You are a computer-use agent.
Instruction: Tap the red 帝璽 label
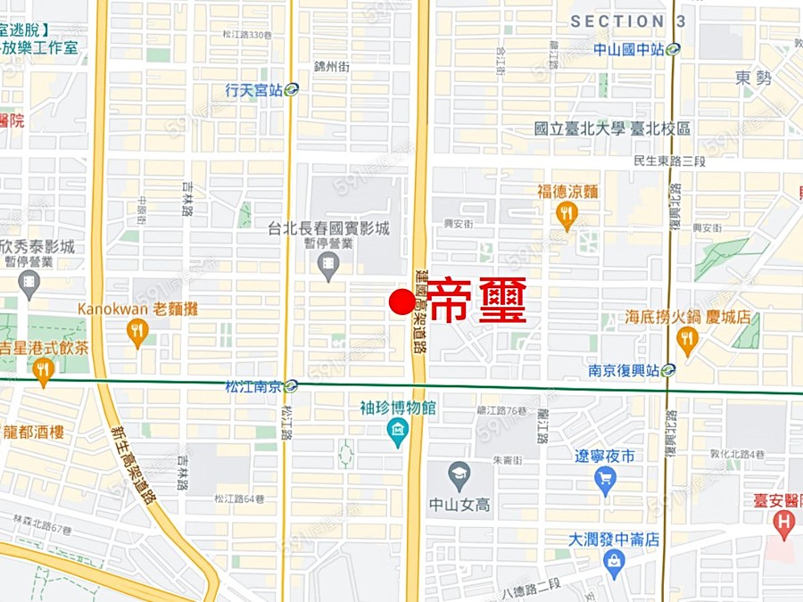coord(477,301)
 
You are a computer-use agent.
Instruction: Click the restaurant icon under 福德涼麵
coord(567,214)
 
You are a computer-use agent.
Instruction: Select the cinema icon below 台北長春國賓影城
coord(329,264)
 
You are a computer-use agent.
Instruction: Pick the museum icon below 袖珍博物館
coord(398,433)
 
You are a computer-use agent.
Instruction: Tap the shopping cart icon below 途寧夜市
coord(605,481)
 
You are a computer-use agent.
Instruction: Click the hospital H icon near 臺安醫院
coord(784,522)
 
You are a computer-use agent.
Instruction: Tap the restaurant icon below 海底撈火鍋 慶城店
coord(686,339)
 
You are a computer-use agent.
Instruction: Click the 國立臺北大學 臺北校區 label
coord(612,128)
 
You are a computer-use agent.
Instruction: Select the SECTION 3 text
coord(628,21)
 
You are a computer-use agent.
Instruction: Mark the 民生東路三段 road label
coord(669,161)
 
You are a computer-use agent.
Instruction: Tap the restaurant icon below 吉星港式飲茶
coord(44,371)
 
